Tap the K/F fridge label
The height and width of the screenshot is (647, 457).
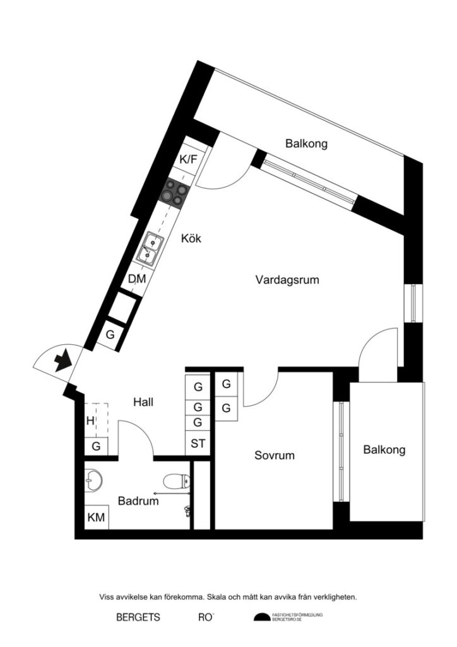coord(188,159)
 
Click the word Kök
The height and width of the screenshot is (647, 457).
coord(191,238)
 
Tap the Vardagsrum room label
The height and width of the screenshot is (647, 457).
coord(287,279)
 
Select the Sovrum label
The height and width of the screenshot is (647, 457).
coord(275,455)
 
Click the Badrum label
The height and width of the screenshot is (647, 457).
coord(138,501)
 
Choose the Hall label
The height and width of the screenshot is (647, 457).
coord(143,401)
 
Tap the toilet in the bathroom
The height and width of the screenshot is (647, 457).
coord(176,482)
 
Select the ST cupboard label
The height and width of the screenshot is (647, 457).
coord(198,444)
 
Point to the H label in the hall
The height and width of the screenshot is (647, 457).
coord(90,420)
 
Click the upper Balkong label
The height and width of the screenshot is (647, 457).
coord(306,143)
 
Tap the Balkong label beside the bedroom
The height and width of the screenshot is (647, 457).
coord(384,450)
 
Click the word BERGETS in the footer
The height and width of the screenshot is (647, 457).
coord(138,617)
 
